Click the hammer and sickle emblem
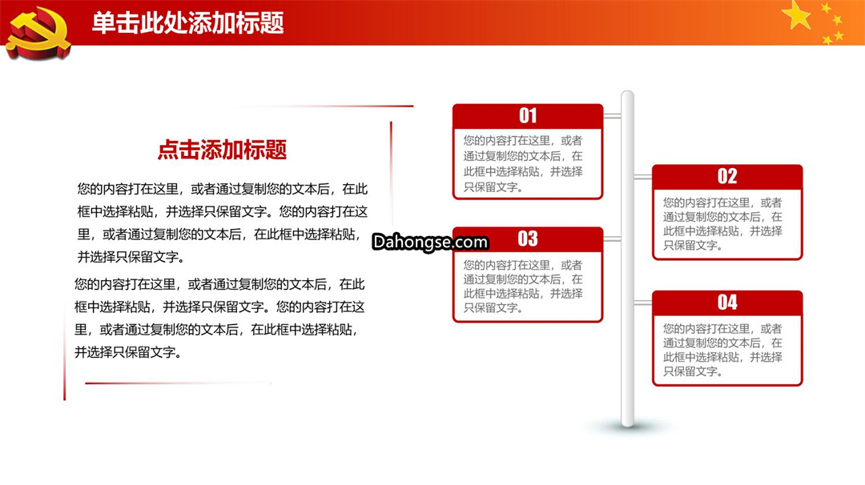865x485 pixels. click(x=38, y=32)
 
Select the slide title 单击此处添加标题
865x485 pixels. click(x=187, y=23)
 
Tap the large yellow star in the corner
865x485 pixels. click(x=797, y=15)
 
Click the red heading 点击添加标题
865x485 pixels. click(x=222, y=150)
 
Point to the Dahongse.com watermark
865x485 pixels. click(x=430, y=242)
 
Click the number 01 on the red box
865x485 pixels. click(x=528, y=115)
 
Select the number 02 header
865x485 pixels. click(x=727, y=176)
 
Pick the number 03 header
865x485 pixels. click(x=528, y=238)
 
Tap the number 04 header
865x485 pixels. click(x=727, y=302)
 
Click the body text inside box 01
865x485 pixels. click(x=523, y=164)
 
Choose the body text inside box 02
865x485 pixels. click(x=722, y=224)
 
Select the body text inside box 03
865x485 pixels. click(x=523, y=286)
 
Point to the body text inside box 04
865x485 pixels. click(x=722, y=350)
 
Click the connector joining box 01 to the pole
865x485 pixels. click(x=613, y=116)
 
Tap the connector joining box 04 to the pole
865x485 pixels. click(x=643, y=303)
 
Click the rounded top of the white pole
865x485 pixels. click(x=627, y=94)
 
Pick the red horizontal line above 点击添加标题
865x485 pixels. click(x=320, y=106)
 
